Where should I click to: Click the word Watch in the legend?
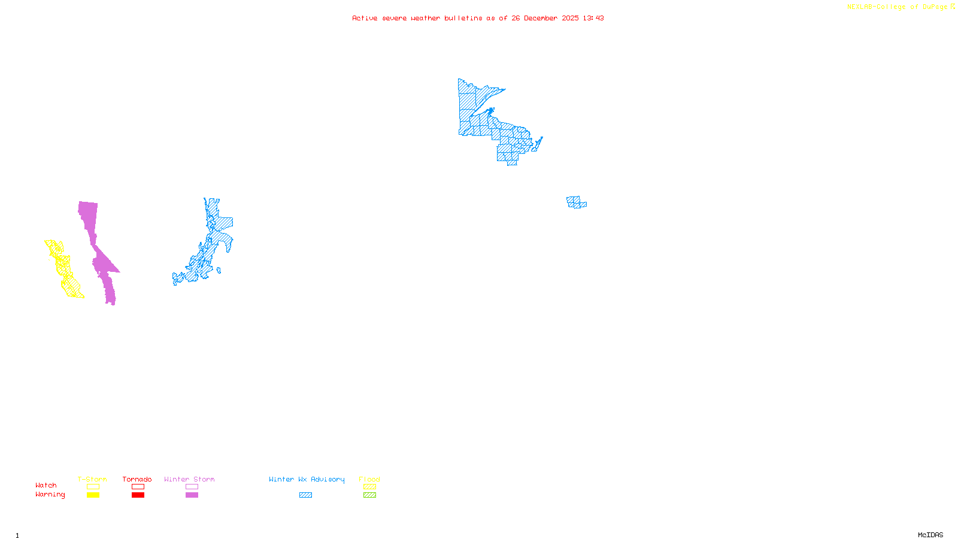point(46,486)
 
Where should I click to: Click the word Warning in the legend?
point(50,495)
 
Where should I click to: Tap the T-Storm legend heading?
point(92,479)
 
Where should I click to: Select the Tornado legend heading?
point(137,479)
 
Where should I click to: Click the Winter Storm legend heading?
point(189,479)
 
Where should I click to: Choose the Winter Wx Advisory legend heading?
point(307,479)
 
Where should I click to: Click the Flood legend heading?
point(369,479)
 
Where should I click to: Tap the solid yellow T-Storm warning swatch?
point(93,495)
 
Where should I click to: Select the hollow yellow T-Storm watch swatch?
point(93,487)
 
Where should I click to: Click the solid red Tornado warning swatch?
point(138,495)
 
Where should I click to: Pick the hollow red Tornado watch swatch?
point(138,487)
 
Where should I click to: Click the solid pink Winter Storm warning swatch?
point(192,495)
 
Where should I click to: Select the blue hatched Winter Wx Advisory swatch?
point(305,495)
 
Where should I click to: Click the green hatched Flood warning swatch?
point(370,495)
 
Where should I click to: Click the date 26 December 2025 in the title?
point(545,18)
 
